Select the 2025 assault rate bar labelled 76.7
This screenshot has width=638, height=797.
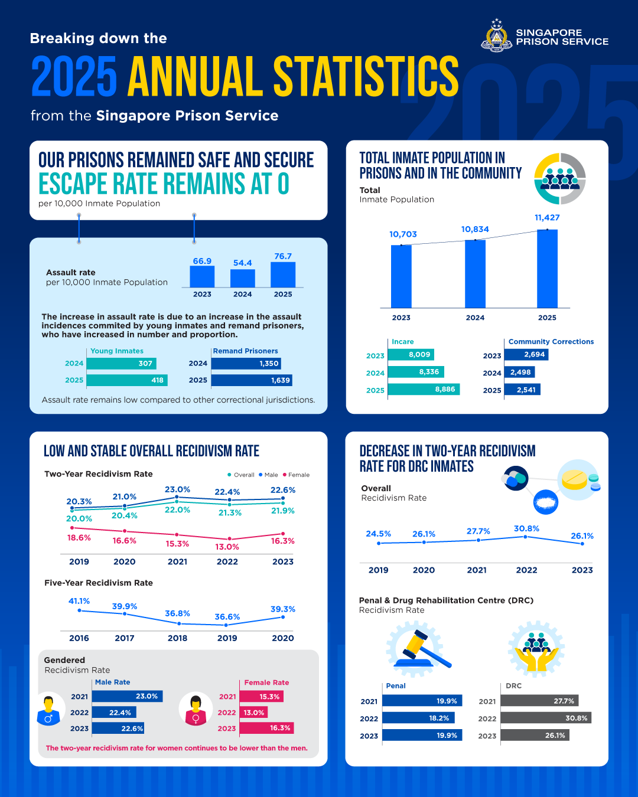pyautogui.click(x=283, y=275)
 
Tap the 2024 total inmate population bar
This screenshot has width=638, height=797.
pyautogui.click(x=475, y=274)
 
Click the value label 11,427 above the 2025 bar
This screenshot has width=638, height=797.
pyautogui.click(x=547, y=218)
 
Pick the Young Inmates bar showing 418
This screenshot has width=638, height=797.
pyautogui.click(x=126, y=380)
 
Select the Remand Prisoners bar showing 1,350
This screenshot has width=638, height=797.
pyautogui.click(x=245, y=364)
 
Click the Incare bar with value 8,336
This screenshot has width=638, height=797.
pyautogui.click(x=415, y=372)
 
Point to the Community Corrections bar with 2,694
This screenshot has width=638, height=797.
pyautogui.click(x=526, y=354)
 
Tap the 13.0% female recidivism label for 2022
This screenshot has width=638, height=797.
pyautogui.click(x=227, y=547)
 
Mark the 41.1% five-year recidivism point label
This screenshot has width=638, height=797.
pyautogui.click(x=79, y=601)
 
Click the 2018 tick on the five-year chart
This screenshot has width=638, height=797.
pyautogui.click(x=177, y=638)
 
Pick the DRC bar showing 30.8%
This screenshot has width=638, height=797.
pyautogui.click(x=546, y=718)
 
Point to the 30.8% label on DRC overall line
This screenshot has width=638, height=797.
pyautogui.click(x=526, y=528)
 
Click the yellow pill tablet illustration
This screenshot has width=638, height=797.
pyautogui.click(x=574, y=479)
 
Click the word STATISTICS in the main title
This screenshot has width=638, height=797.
pyautogui.click(x=366, y=77)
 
